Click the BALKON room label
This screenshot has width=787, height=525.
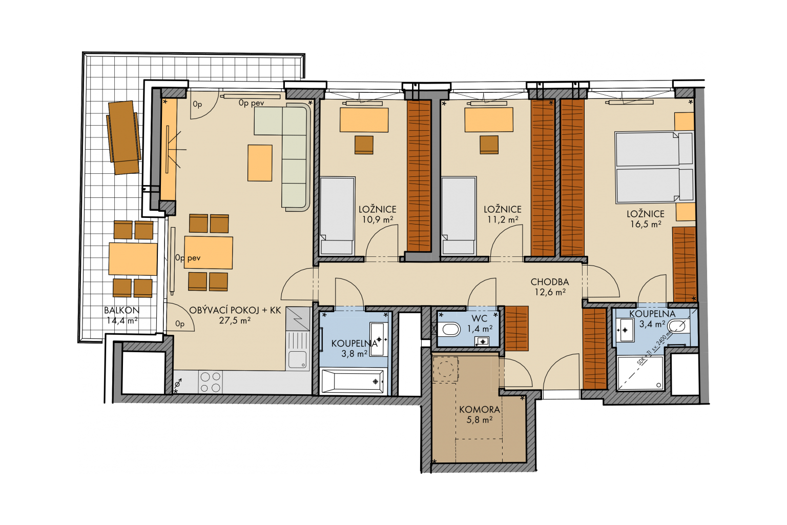121,311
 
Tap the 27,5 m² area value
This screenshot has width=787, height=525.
235,321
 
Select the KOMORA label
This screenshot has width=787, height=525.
480,410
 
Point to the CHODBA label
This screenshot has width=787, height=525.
550,282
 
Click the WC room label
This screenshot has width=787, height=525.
480,318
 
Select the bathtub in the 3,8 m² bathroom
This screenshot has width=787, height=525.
353,381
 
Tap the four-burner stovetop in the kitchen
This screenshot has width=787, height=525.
211,382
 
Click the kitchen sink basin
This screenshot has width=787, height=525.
298,359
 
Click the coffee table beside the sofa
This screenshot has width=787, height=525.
260,163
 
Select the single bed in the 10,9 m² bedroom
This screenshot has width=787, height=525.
337,215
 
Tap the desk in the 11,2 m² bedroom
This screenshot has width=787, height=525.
489,120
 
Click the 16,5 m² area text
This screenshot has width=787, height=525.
646,224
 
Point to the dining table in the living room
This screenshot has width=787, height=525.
209,253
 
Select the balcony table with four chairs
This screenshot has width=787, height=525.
133,259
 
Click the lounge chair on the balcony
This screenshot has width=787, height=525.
123,137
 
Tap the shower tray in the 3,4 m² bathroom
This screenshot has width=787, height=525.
640,373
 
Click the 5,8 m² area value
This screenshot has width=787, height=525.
479,420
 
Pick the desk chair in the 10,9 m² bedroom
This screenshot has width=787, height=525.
364,145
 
